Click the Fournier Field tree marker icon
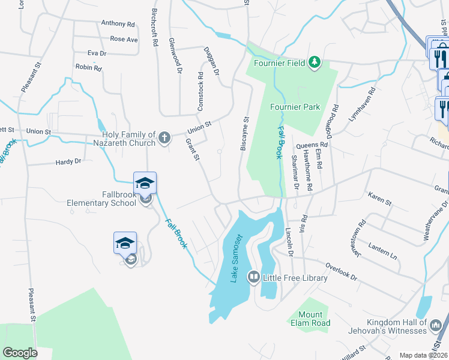tap(313, 62)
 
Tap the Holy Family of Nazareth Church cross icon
tap(165, 139)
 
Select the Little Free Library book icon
tap(254, 277)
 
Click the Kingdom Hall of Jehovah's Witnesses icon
tap(436, 325)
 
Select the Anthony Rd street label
tap(118, 24)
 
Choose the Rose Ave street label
tap(124, 40)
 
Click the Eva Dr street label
tap(97, 53)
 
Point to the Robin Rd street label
tap(88, 68)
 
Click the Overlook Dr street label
tap(341, 271)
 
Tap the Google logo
tap(20, 353)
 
